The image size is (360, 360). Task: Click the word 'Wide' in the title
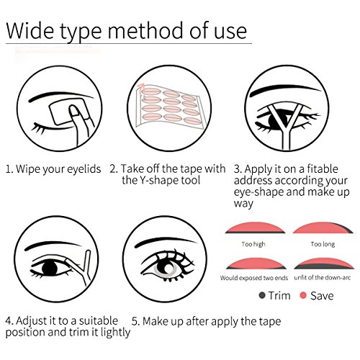pos(30,31)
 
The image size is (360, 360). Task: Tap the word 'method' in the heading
pos(145,31)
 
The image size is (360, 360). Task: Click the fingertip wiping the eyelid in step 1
pos(75,110)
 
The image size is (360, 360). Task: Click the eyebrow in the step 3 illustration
pos(285,89)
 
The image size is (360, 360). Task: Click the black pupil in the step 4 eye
pos(50,268)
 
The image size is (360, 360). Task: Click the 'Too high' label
pos(253,244)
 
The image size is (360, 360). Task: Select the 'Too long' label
pos(323,244)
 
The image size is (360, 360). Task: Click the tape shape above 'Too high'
pos(255,228)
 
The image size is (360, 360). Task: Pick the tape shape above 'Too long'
pos(323,228)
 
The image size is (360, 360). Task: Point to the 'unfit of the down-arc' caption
pos(323,278)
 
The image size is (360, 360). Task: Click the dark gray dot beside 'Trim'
pos(262,295)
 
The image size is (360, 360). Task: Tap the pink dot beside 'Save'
pos(303,295)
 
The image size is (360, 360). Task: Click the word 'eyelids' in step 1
pos(84,169)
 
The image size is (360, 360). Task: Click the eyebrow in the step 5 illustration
pos(166,242)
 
